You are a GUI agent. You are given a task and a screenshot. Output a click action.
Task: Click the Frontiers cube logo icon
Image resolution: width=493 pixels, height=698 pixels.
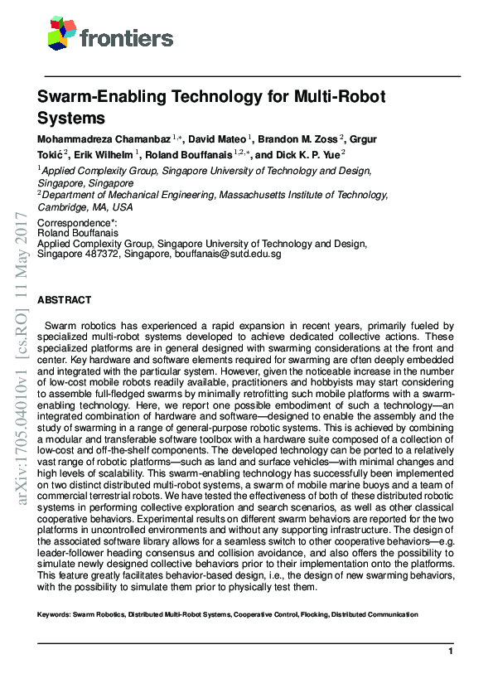[x=61, y=33]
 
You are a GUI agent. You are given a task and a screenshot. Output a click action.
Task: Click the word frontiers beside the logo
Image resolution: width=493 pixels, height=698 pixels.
[x=127, y=37]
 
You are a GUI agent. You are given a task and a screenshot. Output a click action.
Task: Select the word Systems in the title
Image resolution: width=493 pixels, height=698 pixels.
[x=71, y=119]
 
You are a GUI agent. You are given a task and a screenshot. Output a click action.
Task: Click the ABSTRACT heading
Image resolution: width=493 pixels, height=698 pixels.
[x=65, y=300]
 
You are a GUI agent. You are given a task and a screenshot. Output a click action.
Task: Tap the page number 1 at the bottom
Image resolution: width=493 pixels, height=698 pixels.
[x=451, y=652]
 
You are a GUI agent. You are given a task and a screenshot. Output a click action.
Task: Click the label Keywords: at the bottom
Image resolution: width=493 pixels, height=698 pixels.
[x=54, y=615]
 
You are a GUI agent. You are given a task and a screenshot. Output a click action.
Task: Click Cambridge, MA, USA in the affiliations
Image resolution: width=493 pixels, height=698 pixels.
[x=85, y=207]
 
